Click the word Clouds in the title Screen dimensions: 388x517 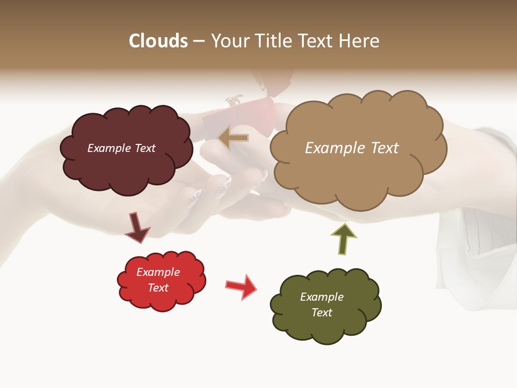158,41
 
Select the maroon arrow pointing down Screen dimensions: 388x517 137,227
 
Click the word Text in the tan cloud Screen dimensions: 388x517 381,148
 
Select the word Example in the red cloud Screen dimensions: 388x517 158,272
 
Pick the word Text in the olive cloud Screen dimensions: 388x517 322,313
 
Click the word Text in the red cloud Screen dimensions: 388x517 158,288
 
